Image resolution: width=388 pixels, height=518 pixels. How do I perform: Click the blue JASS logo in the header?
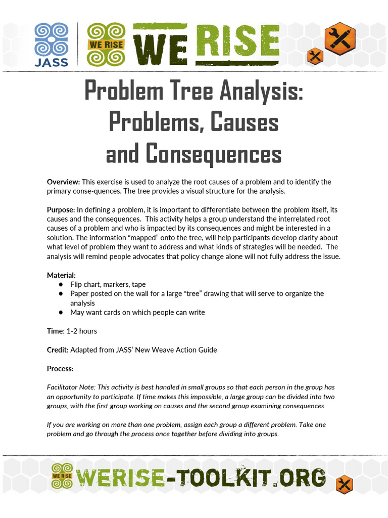point(51,45)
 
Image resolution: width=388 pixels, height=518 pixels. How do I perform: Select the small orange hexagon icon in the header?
point(315,56)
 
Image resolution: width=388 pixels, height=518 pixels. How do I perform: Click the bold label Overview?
point(63,182)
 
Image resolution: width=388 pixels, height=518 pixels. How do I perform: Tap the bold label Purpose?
point(61,209)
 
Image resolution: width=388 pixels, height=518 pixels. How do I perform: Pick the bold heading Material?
point(61,275)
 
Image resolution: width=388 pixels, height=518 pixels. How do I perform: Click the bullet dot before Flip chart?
point(61,285)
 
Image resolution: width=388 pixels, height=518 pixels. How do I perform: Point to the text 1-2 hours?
point(82,331)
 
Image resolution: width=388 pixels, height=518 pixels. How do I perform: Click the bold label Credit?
point(58,350)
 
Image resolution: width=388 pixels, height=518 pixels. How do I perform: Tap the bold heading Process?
point(60,368)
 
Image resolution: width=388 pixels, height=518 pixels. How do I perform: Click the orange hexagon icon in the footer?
point(344,484)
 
